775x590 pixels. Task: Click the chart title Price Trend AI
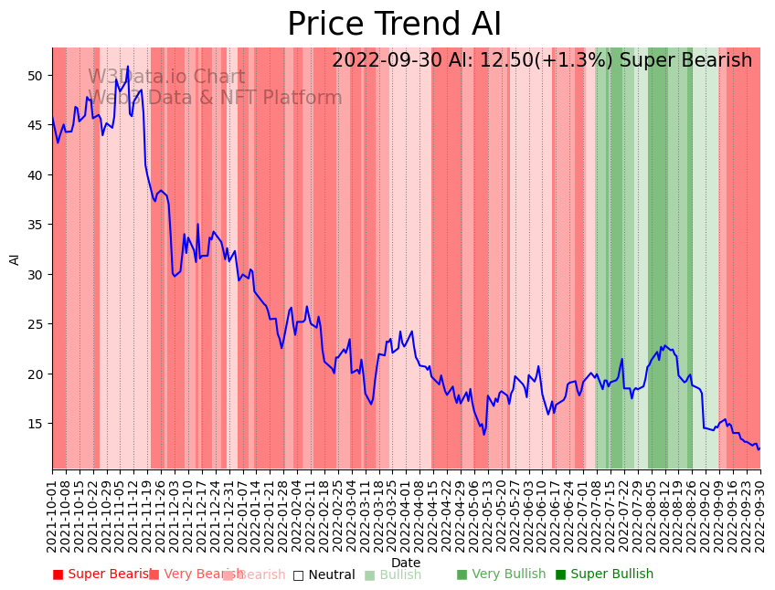click(x=394, y=25)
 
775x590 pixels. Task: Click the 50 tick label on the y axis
click(x=34, y=76)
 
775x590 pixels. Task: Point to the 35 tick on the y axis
click(x=34, y=225)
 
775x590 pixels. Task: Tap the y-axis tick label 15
click(x=34, y=424)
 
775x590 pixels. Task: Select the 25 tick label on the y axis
click(x=34, y=324)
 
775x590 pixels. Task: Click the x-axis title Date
click(x=406, y=564)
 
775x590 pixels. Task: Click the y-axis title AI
click(x=15, y=259)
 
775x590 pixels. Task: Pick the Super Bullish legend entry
click(x=604, y=574)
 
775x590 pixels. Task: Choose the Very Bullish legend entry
click(x=501, y=574)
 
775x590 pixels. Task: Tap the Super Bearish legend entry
click(x=102, y=574)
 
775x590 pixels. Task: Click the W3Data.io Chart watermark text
click(x=166, y=78)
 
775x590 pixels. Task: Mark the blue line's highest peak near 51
click(x=128, y=66)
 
